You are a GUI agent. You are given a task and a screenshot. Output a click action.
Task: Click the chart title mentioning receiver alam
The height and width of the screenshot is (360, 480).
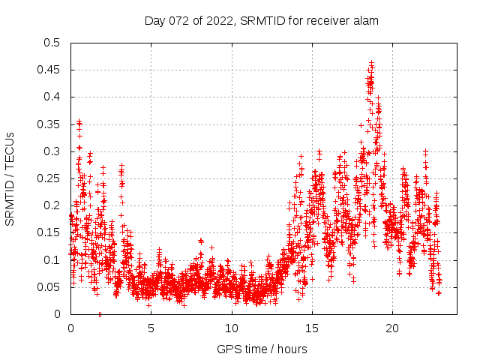(261, 21)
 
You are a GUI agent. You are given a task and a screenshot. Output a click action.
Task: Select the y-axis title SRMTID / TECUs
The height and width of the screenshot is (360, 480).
(10, 178)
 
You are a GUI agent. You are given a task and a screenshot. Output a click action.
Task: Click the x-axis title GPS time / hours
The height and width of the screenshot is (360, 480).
(262, 349)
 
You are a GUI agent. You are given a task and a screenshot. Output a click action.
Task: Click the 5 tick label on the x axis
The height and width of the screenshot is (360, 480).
(151, 328)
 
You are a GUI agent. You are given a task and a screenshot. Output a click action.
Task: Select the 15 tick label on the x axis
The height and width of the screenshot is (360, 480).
(311, 328)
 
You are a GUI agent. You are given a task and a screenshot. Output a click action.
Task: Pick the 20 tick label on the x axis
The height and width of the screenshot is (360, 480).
(391, 328)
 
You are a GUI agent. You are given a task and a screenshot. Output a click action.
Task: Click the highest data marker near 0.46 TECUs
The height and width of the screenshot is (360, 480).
(371, 63)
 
